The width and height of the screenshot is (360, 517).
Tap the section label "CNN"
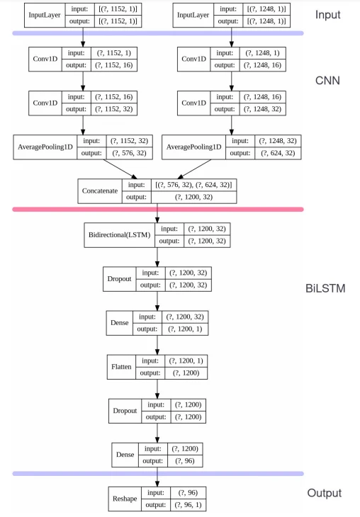pos(327,81)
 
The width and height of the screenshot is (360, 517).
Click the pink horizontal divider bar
pos(158,209)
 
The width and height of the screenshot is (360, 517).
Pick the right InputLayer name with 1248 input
pos(195,15)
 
